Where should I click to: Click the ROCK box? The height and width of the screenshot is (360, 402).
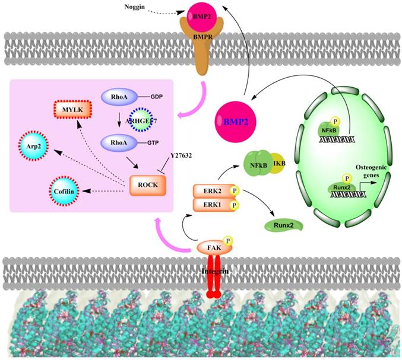(148, 184)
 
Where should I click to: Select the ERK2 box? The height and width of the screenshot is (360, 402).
(211, 191)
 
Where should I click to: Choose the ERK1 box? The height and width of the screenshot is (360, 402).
(211, 205)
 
